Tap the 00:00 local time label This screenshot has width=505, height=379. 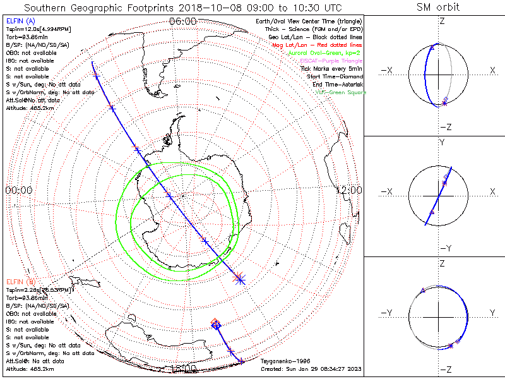click(19, 189)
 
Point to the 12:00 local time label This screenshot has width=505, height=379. click(348, 189)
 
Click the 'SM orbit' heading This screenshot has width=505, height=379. click(438, 8)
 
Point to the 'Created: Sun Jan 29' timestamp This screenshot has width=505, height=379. click(309, 369)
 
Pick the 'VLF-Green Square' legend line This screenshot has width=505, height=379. click(340, 92)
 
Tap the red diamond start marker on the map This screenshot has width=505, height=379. click(215, 323)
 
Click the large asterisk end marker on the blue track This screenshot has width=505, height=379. click(239, 278)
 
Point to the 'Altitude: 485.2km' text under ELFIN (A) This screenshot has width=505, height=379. click(30, 107)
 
